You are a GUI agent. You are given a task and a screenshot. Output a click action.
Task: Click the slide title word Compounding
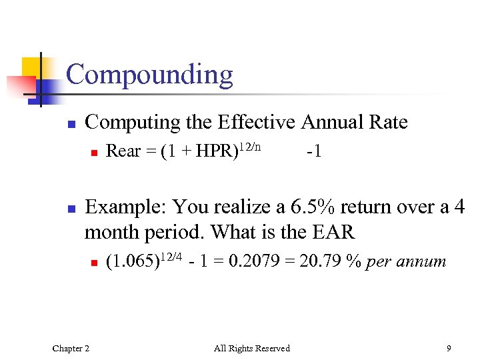[x=149, y=75]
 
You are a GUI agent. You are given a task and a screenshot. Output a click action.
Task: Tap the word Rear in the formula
[x=123, y=151]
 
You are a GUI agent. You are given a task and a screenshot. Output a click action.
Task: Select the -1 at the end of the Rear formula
[x=314, y=151]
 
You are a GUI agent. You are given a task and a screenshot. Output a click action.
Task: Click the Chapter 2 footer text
[x=71, y=348]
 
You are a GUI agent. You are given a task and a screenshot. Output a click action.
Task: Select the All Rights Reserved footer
[x=251, y=348]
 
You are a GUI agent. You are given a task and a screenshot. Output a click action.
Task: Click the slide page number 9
[x=449, y=348]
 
